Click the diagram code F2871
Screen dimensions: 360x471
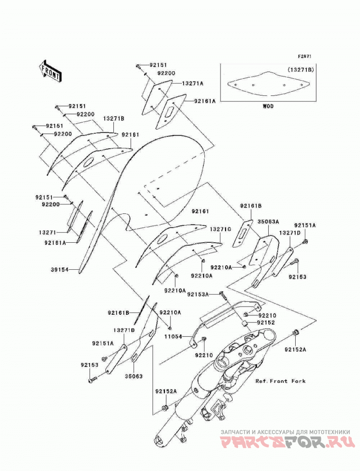(305, 56)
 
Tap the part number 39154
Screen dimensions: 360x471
(60, 270)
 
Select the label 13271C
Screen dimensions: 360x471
(220, 229)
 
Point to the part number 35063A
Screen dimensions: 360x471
(268, 222)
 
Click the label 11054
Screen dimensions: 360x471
(173, 337)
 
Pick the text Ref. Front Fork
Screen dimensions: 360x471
(280, 381)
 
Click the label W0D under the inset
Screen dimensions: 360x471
(268, 106)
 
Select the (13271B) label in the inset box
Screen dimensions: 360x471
(301, 69)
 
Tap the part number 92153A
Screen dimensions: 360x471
(198, 294)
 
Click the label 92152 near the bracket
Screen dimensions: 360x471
(265, 322)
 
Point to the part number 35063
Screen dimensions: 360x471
(134, 376)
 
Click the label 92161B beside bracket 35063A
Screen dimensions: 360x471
(251, 206)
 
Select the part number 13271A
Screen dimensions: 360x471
(193, 83)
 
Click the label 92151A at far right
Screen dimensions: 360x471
(305, 225)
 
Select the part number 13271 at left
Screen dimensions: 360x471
(48, 232)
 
